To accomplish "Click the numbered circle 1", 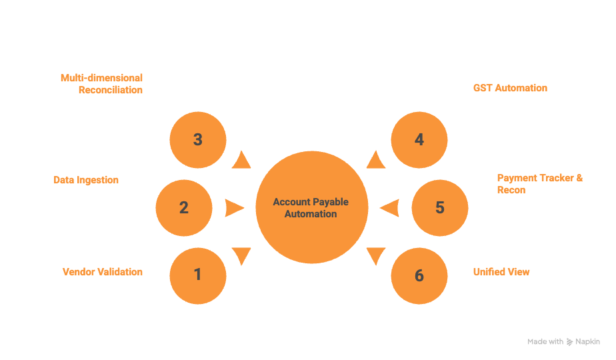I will pos(197,275).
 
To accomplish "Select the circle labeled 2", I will pos(184,207).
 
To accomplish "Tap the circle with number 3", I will pos(197,139).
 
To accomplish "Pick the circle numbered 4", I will pos(419,139).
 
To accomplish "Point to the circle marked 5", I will pos(439,207).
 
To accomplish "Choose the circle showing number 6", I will pos(419,275).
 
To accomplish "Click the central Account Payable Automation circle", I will pos(311,207).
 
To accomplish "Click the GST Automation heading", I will pos(510,88).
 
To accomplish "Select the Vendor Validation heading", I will pos(102,272).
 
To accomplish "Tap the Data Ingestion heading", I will pos(86,180).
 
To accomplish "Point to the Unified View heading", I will pos(501,272).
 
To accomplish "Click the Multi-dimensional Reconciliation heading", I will pos(101,83).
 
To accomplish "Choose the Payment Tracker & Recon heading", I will pos(539,183).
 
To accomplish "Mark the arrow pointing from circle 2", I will pos(234,208).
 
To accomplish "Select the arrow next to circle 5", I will pos(389,208).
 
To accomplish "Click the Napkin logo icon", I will pos(569,341).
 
